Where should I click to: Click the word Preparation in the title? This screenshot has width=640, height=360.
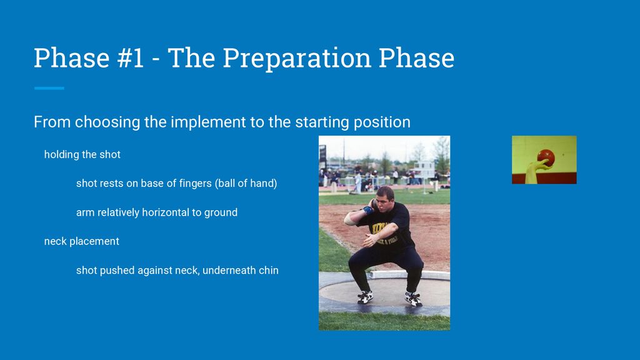point(297,58)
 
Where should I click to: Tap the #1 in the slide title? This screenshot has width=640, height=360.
point(130,57)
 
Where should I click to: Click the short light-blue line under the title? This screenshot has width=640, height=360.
point(49,88)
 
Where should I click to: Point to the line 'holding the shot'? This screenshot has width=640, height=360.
point(82,154)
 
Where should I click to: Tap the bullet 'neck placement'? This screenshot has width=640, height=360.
point(82,241)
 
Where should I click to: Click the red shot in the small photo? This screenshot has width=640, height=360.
point(546,157)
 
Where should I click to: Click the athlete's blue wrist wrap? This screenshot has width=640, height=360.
point(367,210)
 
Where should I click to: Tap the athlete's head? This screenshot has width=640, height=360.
point(384,199)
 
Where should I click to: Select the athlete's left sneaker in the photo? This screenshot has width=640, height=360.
point(413,299)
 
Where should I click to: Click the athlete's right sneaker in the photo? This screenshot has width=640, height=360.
point(365,297)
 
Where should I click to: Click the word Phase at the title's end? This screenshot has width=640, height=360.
point(416,57)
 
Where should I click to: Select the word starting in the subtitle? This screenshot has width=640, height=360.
point(322,122)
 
